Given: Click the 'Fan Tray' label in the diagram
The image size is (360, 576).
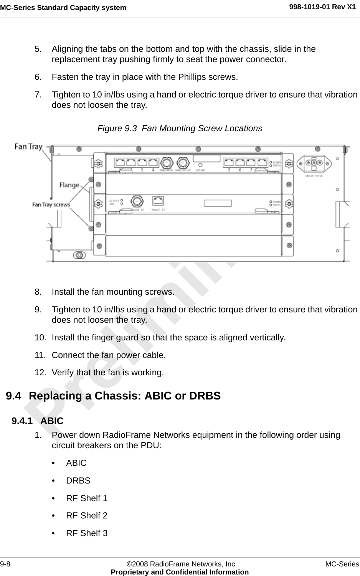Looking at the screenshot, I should click(28, 146).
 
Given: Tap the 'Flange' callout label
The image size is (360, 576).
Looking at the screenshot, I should click(69, 185).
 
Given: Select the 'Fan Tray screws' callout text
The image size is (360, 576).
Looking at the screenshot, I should click(51, 205).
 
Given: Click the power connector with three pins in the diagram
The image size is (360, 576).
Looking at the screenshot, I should click(314, 162).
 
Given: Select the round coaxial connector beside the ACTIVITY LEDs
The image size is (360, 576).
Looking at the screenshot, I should click(136, 201).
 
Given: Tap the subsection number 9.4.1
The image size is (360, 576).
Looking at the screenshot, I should click(22, 421).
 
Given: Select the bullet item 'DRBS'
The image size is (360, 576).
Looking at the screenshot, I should click(78, 480).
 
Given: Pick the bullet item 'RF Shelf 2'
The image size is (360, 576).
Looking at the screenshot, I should click(87, 515).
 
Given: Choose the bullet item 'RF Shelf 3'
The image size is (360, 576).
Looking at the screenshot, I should click(87, 533).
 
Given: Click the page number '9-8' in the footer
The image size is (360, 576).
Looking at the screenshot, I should click(6, 564).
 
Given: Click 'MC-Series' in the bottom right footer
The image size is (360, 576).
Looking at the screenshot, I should click(342, 564).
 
